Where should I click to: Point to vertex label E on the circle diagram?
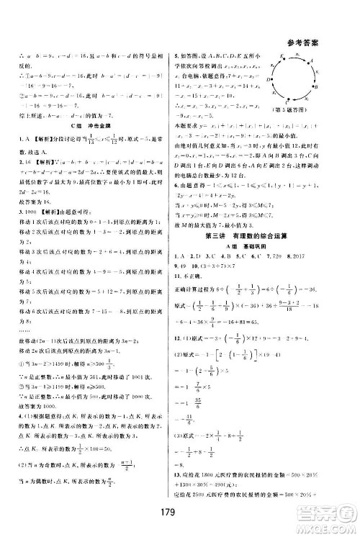(278, 56)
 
